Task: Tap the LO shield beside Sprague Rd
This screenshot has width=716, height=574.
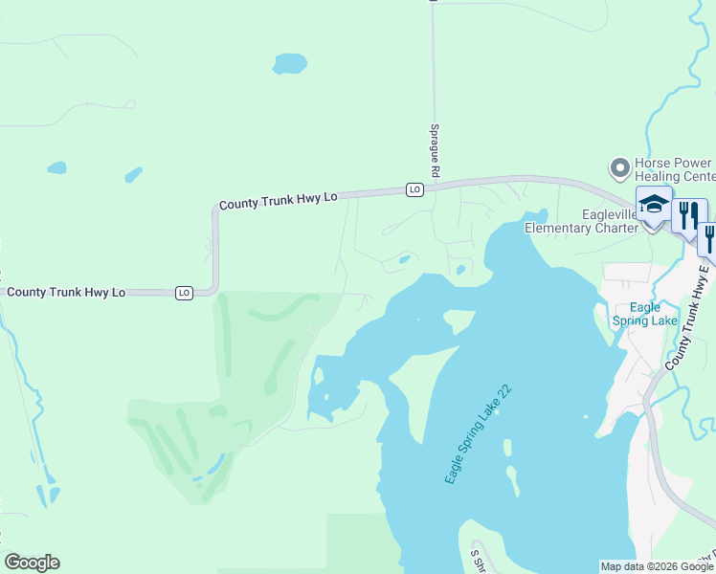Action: pyautogui.click(x=414, y=189)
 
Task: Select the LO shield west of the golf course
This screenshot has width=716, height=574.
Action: pyautogui.click(x=185, y=292)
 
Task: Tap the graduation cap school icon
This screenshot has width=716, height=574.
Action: pyautogui.click(x=654, y=205)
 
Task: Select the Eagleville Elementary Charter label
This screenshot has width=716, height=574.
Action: pyautogui.click(x=581, y=221)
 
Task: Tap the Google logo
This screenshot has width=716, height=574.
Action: pyautogui.click(x=32, y=563)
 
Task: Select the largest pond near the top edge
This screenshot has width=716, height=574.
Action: pyautogui.click(x=290, y=64)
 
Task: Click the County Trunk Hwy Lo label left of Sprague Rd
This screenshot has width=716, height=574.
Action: pyautogui.click(x=279, y=201)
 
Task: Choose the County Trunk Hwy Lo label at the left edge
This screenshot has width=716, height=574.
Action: pyautogui.click(x=66, y=291)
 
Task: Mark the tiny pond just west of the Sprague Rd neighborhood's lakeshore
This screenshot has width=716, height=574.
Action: pyautogui.click(x=405, y=258)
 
